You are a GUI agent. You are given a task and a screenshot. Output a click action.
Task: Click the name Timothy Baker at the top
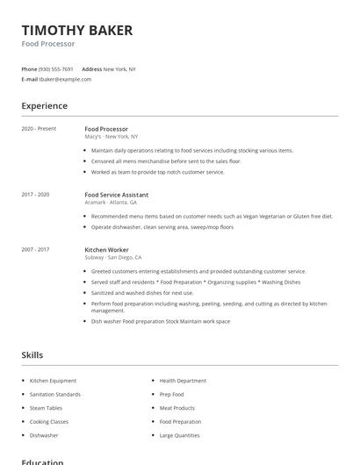point(77,31)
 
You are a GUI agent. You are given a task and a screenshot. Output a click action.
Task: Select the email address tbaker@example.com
point(65,79)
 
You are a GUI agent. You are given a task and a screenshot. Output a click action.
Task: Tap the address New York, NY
point(119,68)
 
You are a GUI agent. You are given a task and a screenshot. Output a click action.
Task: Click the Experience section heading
point(44,106)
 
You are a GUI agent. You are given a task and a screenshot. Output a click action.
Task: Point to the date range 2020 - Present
point(39,129)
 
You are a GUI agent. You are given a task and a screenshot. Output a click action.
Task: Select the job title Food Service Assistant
point(116,195)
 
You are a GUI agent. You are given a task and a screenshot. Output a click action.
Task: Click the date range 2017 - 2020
point(35,195)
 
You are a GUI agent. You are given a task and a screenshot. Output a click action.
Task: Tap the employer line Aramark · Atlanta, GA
point(111,203)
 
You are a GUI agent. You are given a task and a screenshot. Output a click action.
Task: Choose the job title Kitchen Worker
point(106,250)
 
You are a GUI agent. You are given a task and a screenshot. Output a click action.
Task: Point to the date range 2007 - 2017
point(35,250)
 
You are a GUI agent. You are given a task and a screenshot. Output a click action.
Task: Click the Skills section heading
point(32,355)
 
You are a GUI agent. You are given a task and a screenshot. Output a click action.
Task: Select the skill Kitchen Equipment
point(53,381)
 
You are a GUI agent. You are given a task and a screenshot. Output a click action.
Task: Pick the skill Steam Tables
point(47,408)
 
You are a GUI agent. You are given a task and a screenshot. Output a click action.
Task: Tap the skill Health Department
point(183,381)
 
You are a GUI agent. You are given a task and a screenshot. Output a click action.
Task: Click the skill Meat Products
point(176,408)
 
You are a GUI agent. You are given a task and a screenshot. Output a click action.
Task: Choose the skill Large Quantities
point(179,435)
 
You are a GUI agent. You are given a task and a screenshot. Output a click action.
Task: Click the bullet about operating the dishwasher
point(162,227)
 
